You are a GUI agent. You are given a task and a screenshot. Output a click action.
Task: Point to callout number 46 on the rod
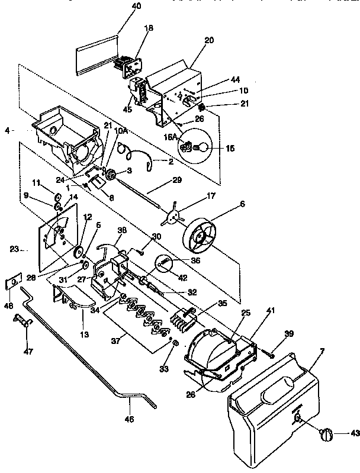(x=129, y=419)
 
